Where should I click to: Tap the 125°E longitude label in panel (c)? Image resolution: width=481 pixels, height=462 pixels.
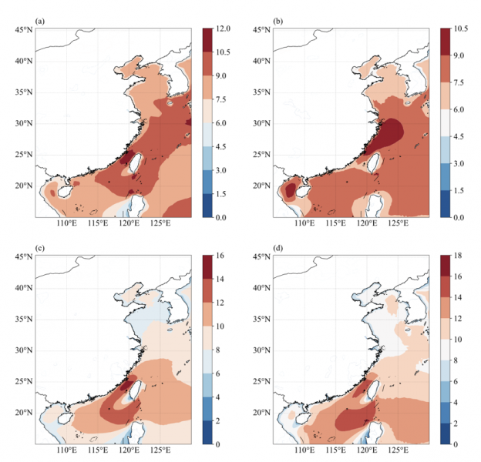pyautogui.click(x=160, y=450)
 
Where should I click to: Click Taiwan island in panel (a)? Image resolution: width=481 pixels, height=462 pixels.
pyautogui.click(x=133, y=162)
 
